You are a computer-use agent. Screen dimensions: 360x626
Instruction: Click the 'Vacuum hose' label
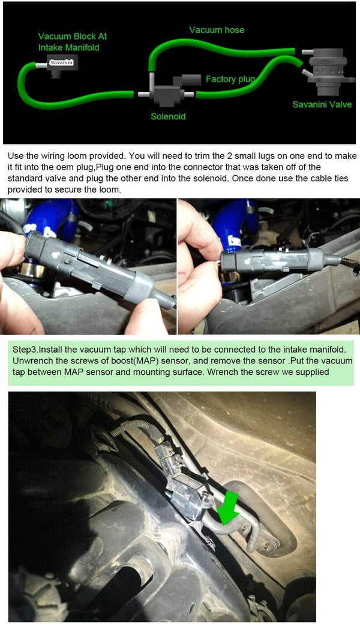point(217,30)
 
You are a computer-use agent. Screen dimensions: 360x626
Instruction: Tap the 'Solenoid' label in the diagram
point(168,116)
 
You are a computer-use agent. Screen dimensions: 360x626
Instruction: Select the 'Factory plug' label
point(230,79)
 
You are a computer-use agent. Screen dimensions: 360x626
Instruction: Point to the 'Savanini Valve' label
point(322,104)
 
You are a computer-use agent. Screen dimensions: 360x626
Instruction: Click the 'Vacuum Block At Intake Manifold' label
point(73,42)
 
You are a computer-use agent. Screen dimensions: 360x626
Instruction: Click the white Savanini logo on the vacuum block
point(61,62)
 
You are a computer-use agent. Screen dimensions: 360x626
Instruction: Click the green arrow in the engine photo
point(228,508)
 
